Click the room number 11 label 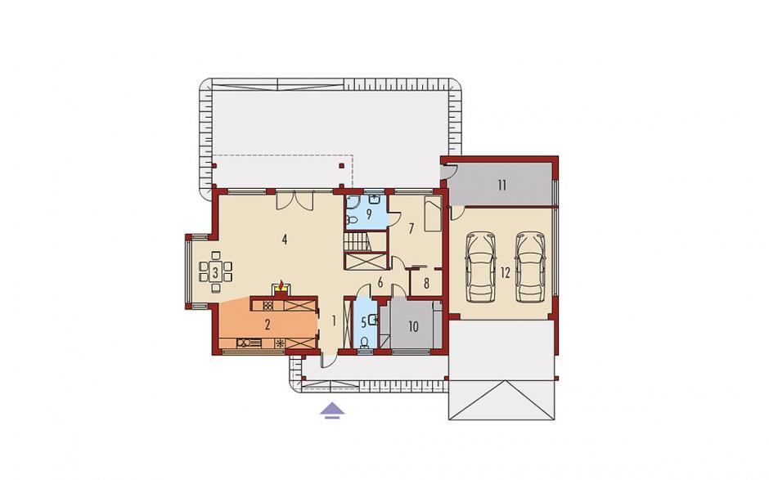coord(501,186)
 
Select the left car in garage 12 coord(481,267)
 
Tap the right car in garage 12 coord(530,267)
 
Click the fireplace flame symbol coord(281,285)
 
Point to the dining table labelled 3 coord(215,271)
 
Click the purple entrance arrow coord(332,410)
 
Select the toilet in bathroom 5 coord(364,343)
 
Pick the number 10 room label coord(413,326)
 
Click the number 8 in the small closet coord(426,285)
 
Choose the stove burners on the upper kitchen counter coord(268,306)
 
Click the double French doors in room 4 coord(295,200)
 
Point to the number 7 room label coord(411,228)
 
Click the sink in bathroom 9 coord(376,200)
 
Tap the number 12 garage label coord(506,273)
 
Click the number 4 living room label coord(284,240)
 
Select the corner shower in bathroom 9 coord(352,201)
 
